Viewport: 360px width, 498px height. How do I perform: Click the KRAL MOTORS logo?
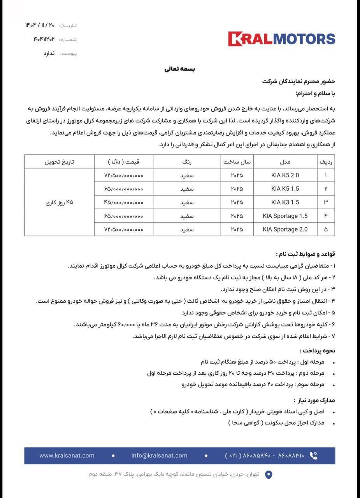[x=281, y=39]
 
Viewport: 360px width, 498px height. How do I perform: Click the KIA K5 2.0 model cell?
[x=285, y=175]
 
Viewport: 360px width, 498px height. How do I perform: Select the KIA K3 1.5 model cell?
[x=285, y=202]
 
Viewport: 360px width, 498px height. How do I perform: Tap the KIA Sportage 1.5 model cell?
[x=285, y=216]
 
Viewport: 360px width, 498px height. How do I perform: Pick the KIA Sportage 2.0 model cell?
[x=285, y=230]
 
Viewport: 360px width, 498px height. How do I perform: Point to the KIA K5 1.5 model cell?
[x=285, y=189]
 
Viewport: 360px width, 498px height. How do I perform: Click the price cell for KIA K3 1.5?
[x=124, y=202]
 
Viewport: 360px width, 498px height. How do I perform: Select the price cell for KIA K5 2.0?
[x=124, y=175]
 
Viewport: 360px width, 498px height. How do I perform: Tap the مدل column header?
[x=285, y=162]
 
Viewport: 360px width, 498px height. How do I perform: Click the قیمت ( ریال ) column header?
[x=124, y=162]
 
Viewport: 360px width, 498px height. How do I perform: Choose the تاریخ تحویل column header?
[x=59, y=162]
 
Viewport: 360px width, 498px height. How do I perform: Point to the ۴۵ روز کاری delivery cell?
[x=59, y=202]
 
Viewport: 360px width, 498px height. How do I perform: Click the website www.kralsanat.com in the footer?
[x=67, y=456]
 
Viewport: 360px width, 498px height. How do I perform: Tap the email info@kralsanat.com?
[x=159, y=456]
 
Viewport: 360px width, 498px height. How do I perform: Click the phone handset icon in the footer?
[x=314, y=456]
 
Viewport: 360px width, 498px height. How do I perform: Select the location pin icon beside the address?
[x=269, y=475]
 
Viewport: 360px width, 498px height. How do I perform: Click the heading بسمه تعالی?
[x=179, y=69]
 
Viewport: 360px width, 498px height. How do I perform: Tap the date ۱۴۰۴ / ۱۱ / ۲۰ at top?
[x=40, y=25]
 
